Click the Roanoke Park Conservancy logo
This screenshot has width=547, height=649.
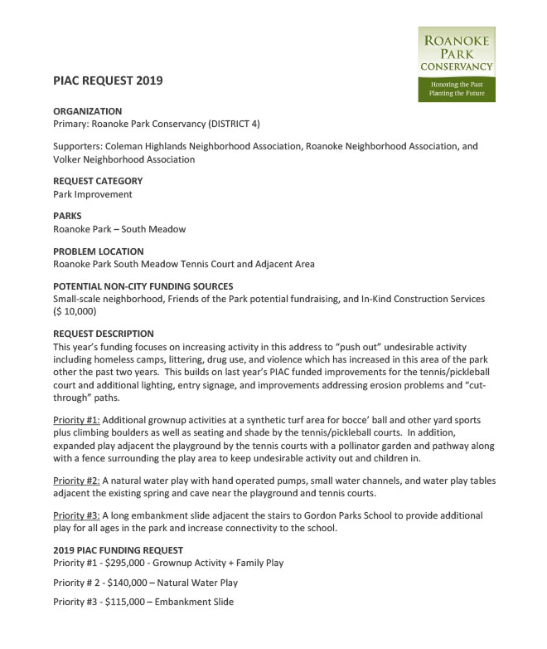point(456,63)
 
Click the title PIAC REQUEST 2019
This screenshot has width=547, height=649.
point(108,81)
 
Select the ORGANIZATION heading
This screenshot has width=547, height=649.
point(87,111)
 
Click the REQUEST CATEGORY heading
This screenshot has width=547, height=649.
point(98,181)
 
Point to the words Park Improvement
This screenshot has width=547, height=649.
point(93,194)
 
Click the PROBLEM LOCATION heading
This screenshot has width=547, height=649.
point(98,251)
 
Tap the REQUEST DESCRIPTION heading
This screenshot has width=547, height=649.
point(103,334)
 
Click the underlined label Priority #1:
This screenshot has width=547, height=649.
point(76,421)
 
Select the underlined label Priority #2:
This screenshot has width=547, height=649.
point(76,480)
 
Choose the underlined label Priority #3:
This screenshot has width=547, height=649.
point(76,515)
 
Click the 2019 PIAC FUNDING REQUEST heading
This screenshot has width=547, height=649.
point(118,550)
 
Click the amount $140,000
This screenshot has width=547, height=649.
point(131,583)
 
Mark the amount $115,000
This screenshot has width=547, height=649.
point(128,602)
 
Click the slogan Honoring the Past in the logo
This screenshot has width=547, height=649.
point(456,85)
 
